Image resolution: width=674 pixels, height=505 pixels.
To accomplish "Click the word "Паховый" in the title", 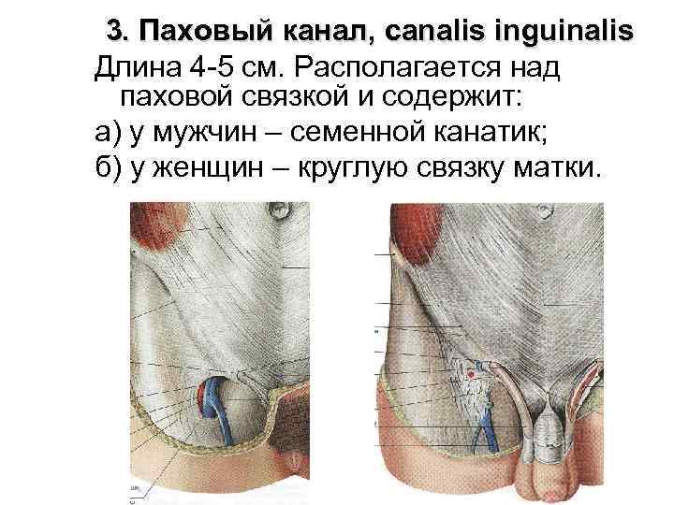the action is [206, 32].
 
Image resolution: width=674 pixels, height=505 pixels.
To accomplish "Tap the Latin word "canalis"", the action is [433, 31].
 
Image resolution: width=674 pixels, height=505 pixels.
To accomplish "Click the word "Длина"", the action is [137, 68].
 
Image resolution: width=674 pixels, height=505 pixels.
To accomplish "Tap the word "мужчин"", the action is [204, 133].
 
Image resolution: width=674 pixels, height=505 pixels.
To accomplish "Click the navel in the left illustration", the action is [280, 210].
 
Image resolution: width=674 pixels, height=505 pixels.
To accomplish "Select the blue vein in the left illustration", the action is [217, 409].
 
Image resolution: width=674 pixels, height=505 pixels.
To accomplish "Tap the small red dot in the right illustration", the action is [471, 374].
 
